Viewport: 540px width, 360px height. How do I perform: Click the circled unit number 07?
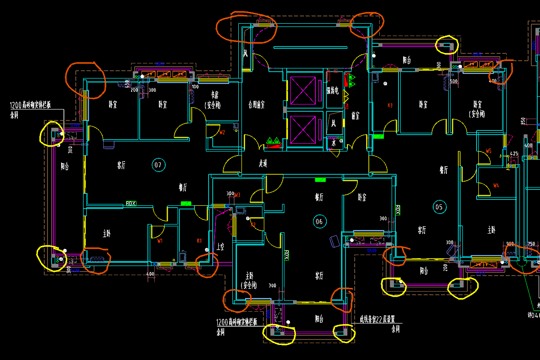coord(158,165)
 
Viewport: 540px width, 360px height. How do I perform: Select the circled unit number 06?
coord(319,222)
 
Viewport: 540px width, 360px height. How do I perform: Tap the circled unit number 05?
coord(439,207)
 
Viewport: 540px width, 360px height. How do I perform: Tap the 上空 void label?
coord(220,247)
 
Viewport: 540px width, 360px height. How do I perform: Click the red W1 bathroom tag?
coord(160,240)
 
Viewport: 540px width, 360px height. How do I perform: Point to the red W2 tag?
coord(222,133)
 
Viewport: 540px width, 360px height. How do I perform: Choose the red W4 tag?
coord(496,185)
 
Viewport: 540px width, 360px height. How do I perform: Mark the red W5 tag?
coord(488,151)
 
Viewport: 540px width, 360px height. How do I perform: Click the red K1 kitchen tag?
coord(199,240)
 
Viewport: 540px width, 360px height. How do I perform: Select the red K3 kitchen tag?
coord(390,105)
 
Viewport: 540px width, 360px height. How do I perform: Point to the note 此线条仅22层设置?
coord(377,319)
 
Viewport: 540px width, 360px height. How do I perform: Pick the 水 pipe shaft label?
coord(334,143)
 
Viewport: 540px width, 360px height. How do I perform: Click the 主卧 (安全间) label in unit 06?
coord(249,281)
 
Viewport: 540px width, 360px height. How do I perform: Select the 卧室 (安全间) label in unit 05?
coord(478,109)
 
